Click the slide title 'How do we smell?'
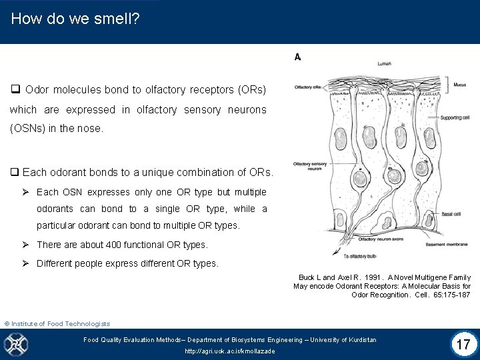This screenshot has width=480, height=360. [x=75, y=19]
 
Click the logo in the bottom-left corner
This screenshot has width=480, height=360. [x=16, y=345]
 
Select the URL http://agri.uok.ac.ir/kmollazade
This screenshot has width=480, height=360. [x=229, y=351]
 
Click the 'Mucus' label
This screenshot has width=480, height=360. [x=460, y=85]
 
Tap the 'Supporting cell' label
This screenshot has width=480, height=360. [x=459, y=118]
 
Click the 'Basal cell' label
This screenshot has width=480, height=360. [x=451, y=214]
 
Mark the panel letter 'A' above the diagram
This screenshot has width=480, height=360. [x=297, y=57]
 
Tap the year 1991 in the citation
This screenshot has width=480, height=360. [x=369, y=277]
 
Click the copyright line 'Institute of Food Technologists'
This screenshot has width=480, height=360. [x=61, y=324]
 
